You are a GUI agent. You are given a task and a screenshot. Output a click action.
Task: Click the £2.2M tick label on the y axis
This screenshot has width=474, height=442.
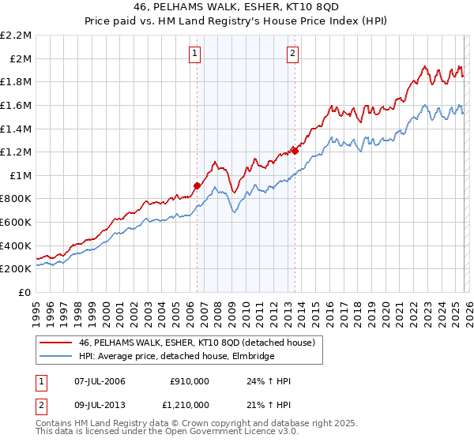click(17, 36)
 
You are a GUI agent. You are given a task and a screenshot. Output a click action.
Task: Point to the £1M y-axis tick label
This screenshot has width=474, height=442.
click(20, 175)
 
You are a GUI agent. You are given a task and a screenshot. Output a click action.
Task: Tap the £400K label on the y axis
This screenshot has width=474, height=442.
click(17, 245)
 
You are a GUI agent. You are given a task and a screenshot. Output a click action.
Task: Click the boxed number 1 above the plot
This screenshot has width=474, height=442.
click(195, 54)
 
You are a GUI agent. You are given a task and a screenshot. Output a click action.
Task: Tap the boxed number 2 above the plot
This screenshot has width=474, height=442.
click(292, 54)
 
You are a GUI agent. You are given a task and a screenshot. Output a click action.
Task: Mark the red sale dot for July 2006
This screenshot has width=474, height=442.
click(196, 186)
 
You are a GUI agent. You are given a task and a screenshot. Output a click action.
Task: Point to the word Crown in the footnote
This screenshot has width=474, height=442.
click(205, 424)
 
